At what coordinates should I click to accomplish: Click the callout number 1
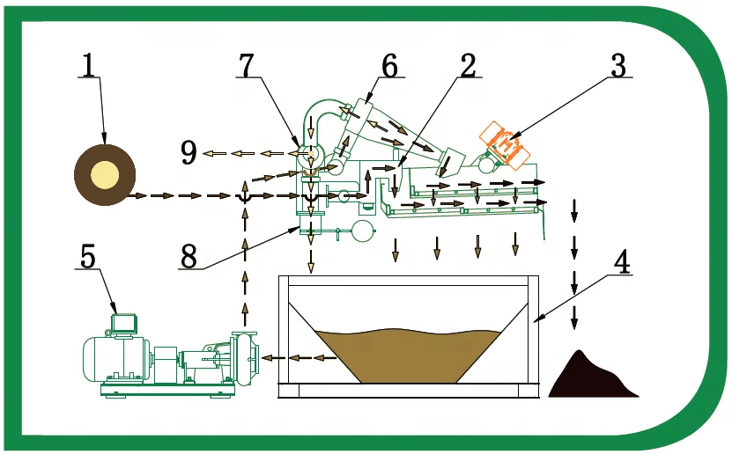[88, 66]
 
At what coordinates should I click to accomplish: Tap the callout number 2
[467, 64]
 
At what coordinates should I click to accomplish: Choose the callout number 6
[388, 64]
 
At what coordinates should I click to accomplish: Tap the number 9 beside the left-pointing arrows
[188, 153]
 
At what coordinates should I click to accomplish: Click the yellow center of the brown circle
[105, 173]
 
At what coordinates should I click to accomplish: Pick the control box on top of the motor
[122, 322]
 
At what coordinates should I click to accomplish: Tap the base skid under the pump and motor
[159, 388]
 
